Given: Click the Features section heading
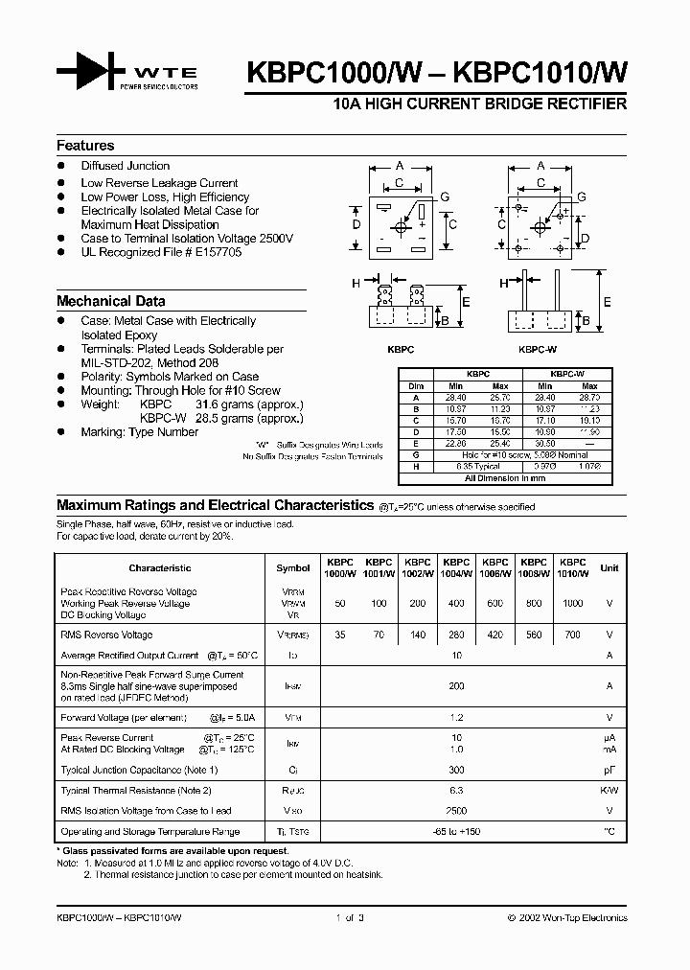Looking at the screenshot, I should click(x=85, y=146).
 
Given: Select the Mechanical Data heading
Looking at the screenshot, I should click(x=110, y=301).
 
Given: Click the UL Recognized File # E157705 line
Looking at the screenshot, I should click(x=161, y=252).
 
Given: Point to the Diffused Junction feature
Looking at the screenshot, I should click(x=125, y=166).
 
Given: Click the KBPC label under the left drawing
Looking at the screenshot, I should click(x=402, y=351).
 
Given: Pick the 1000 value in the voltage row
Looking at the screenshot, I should click(x=572, y=604).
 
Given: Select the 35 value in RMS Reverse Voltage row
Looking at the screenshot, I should click(x=339, y=635).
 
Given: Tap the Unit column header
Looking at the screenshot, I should click(x=609, y=568).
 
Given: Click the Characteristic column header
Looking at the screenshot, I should click(x=160, y=568).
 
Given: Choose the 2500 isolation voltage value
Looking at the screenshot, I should click(x=456, y=810).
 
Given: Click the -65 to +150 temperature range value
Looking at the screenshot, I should click(x=456, y=832).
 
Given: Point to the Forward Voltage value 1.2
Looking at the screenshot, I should click(x=456, y=717).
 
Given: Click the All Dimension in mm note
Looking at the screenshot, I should click(x=504, y=477).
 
